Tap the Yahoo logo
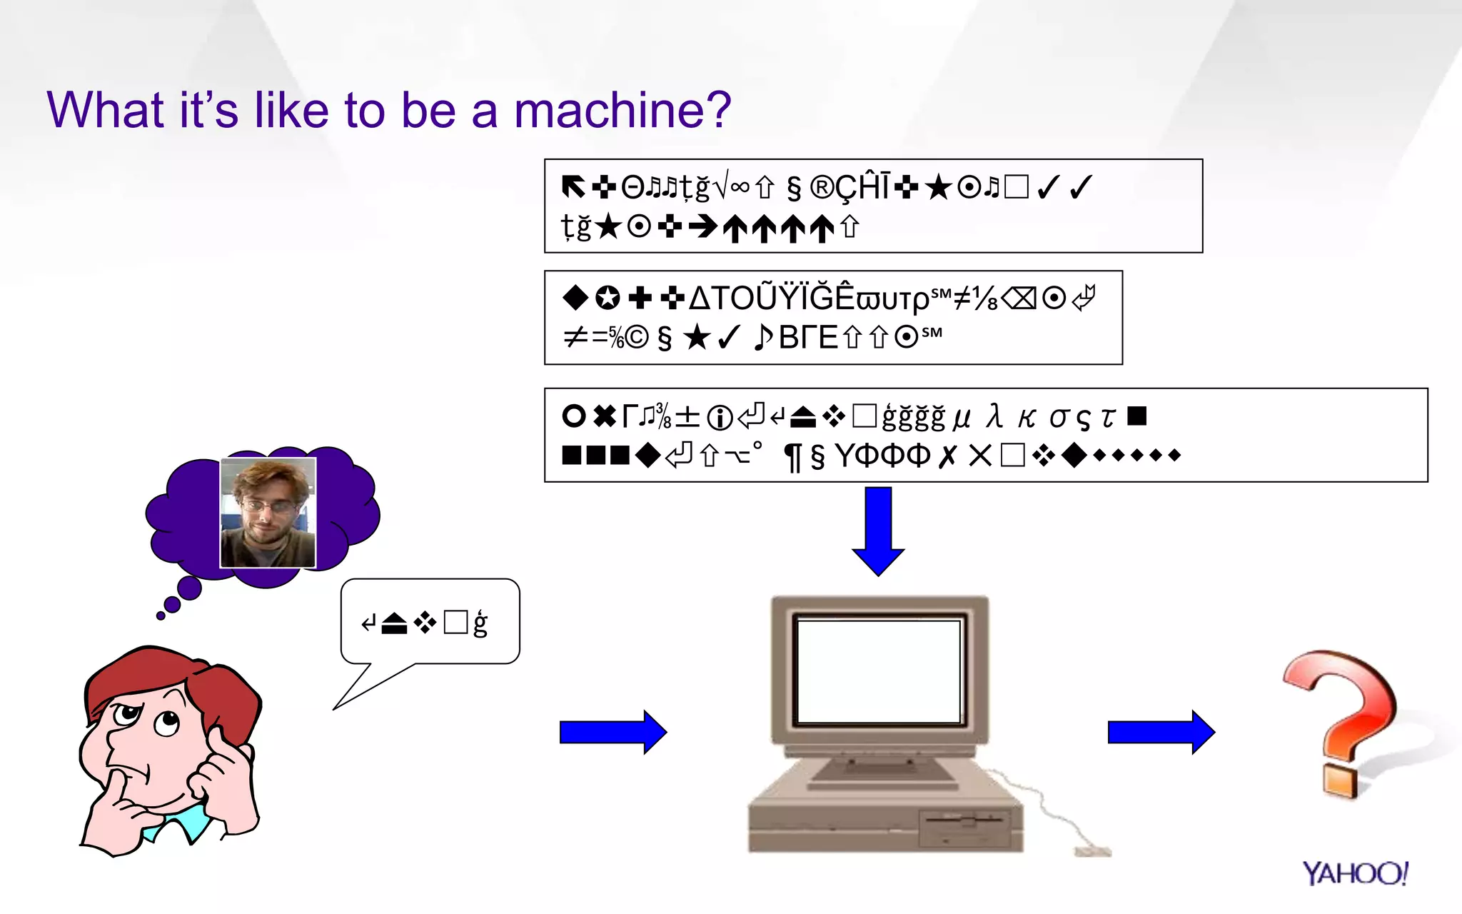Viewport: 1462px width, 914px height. (x=1354, y=873)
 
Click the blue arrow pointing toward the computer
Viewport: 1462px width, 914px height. (x=612, y=732)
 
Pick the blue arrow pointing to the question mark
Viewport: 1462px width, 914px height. (x=1161, y=732)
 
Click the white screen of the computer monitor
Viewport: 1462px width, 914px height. (x=879, y=671)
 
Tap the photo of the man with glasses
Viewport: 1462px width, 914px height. (x=268, y=512)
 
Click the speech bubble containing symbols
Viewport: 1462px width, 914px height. (x=430, y=621)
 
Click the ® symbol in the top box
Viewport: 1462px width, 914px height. (x=822, y=188)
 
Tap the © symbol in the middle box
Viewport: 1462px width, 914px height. (x=637, y=338)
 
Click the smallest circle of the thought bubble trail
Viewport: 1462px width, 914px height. (x=161, y=616)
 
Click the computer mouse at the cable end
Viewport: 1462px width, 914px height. (x=1092, y=851)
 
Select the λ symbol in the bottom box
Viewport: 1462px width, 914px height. (x=994, y=416)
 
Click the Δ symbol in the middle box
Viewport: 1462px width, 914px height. (x=700, y=298)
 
